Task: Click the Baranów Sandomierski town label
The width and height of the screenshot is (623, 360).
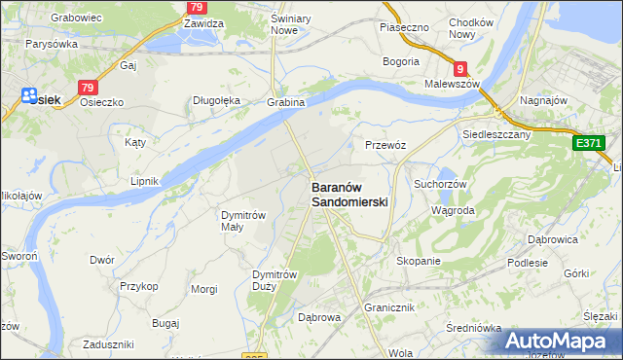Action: click(x=349, y=195)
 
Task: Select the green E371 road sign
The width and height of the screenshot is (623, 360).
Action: click(x=589, y=143)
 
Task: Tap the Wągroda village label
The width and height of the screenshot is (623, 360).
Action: click(x=453, y=210)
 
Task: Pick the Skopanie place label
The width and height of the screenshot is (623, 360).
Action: click(x=420, y=261)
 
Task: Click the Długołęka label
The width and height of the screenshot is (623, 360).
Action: click(x=216, y=99)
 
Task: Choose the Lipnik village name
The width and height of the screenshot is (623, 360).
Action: click(x=144, y=181)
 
